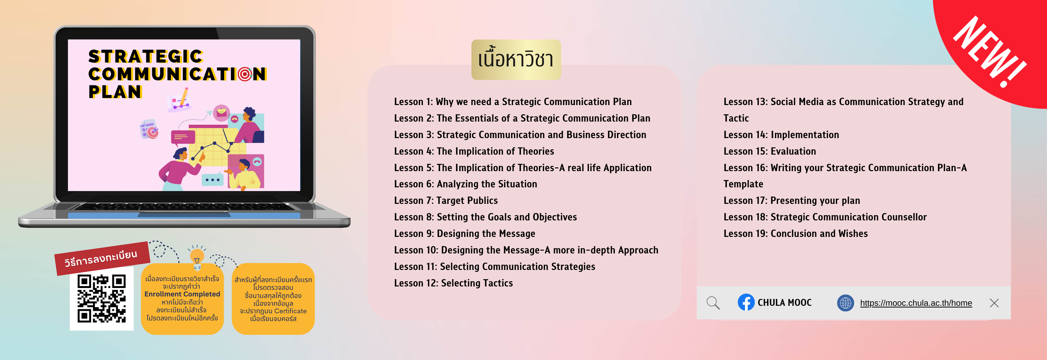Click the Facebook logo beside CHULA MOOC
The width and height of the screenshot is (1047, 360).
click(746, 302)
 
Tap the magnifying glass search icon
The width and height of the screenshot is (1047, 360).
click(713, 303)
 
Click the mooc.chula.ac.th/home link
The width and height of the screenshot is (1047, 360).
click(916, 303)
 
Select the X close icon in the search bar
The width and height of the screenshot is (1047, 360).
click(994, 303)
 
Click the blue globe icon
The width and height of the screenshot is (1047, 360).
click(845, 303)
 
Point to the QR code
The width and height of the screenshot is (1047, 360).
click(102, 299)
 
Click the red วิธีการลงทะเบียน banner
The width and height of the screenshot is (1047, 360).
click(102, 258)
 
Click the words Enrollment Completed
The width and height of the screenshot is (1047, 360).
click(182, 294)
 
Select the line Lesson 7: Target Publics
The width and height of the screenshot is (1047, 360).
click(446, 201)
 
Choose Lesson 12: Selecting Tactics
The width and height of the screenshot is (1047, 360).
click(453, 283)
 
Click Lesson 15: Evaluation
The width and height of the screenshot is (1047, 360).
click(769, 151)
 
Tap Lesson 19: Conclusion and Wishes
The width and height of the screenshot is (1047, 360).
click(796, 234)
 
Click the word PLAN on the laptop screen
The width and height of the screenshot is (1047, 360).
click(115, 92)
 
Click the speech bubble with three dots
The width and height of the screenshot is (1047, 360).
click(212, 180)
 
